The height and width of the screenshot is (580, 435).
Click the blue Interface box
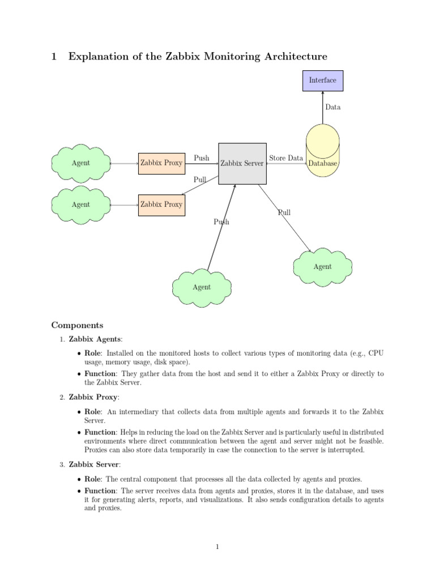(322, 80)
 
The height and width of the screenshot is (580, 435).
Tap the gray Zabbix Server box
(242, 163)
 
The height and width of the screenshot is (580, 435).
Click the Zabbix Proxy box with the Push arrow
(161, 163)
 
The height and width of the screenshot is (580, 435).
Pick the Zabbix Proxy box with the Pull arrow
(161, 204)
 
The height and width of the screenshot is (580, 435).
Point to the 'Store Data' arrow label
(286, 158)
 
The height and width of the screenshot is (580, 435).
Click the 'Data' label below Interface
(333, 107)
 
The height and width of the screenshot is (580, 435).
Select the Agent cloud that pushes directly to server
(202, 287)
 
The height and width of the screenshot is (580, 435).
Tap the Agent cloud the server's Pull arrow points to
(323, 266)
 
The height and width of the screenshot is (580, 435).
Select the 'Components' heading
(78, 325)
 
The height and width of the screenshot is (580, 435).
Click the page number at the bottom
(217, 547)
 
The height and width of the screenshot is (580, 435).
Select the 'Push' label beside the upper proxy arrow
(202, 158)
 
